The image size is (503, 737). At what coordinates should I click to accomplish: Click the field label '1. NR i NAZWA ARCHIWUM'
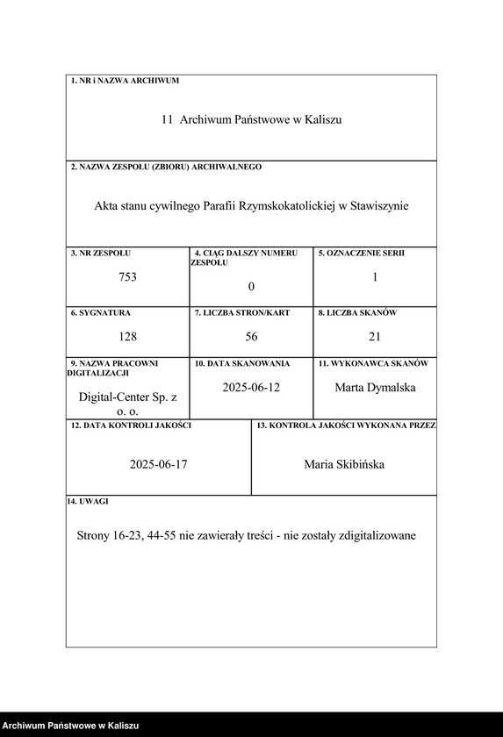pos(124,81)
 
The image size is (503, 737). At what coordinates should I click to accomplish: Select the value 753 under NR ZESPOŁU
pos(128,277)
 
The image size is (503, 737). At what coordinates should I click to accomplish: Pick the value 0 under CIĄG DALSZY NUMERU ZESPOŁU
pos(251,286)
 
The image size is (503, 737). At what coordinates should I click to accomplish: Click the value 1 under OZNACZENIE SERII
pos(375,276)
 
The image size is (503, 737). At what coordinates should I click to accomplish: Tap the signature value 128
pos(128,336)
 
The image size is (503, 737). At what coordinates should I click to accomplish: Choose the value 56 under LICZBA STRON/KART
pos(251,336)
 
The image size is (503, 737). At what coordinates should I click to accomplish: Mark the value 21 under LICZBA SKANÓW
pos(375,336)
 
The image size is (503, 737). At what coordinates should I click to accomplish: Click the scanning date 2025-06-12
pos(251,387)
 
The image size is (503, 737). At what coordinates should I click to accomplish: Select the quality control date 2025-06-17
pos(158,464)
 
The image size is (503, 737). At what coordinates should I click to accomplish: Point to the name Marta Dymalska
pos(375,387)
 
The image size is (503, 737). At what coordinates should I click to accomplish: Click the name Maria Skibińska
pos(344,464)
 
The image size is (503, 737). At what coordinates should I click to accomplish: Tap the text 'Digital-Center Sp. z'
pos(128,397)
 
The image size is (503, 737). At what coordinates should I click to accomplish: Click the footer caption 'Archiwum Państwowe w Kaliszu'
pos(71,726)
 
